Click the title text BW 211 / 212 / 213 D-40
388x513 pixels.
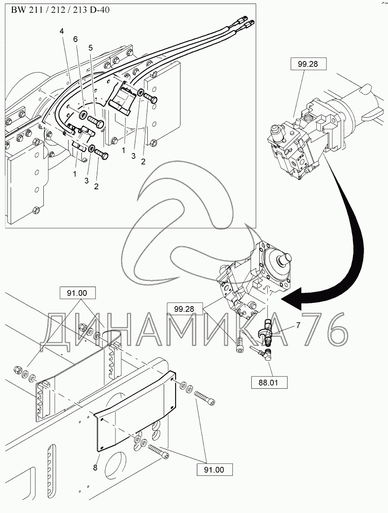tap(61, 10)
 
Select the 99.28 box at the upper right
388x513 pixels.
tap(308, 64)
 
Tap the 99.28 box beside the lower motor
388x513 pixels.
tap(184, 309)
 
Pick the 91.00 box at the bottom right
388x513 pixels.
tap(215, 470)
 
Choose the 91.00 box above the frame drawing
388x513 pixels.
tap(77, 293)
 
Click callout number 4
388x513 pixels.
tap(62, 32)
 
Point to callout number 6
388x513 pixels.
tap(75, 40)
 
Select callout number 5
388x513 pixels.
tap(90, 48)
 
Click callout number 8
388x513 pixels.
tap(95, 467)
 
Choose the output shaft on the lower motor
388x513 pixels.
tap(284, 260)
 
